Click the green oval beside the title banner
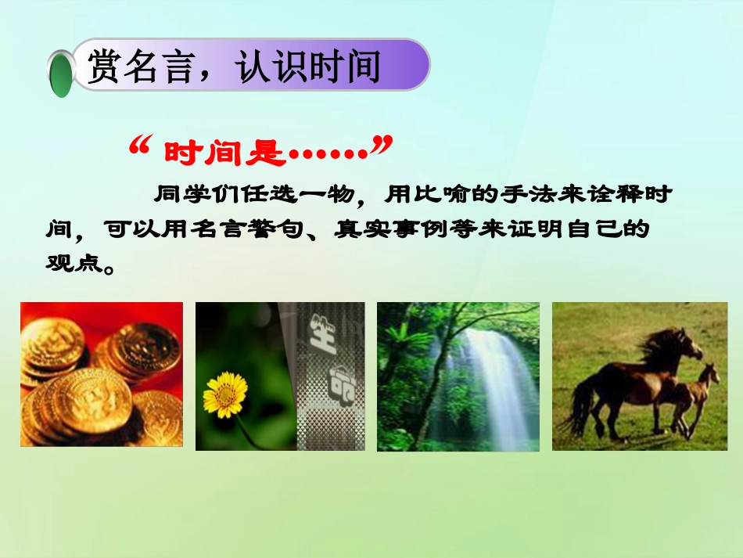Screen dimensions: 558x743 [61, 75]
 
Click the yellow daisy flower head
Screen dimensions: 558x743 [225, 394]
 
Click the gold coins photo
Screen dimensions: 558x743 [102, 374]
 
